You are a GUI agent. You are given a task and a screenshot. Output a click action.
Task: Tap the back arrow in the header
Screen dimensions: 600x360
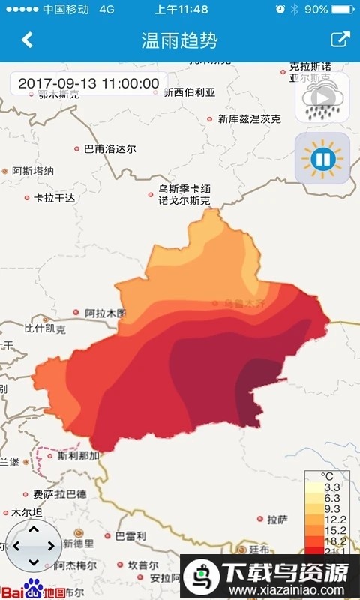coord(27,40)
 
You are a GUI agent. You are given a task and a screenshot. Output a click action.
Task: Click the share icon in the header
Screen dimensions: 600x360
coord(340,40)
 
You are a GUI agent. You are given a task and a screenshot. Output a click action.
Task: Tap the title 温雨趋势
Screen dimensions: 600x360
coord(179,40)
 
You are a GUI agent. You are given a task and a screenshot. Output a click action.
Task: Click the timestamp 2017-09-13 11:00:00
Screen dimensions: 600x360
coord(88,83)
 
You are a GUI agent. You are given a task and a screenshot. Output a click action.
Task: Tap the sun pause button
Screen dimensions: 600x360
coord(322,158)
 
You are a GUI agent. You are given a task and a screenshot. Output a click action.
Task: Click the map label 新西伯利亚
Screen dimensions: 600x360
coord(189,92)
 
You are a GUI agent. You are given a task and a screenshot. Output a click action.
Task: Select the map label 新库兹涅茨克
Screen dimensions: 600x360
coord(250,118)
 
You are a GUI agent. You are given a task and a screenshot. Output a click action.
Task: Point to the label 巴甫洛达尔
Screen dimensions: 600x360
coord(110,149)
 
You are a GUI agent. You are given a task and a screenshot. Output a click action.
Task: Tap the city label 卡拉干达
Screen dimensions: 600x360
coord(55,198)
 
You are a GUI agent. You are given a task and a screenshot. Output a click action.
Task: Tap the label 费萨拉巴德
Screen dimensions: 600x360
coord(59,494)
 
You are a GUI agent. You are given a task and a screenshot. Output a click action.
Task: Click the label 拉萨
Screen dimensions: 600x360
coord(277,518)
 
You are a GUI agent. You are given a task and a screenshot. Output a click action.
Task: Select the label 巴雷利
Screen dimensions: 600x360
coord(130,536)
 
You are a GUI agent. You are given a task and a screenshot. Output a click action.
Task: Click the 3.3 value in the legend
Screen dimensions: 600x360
coord(333,487)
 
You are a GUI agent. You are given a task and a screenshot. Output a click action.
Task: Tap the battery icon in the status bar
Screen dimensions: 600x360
coord(343,9)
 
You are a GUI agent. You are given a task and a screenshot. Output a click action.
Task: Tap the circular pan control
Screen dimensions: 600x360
coord(32,546)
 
